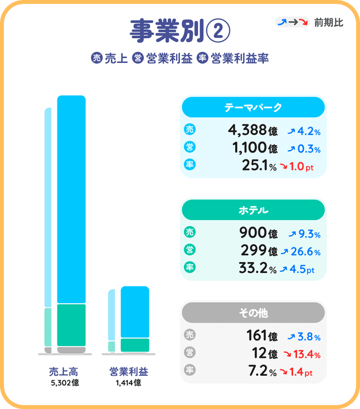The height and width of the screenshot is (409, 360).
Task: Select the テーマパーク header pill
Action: tap(253, 107)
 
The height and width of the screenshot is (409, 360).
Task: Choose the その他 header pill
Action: tap(253, 312)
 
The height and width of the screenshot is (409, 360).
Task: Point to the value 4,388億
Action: tap(253, 131)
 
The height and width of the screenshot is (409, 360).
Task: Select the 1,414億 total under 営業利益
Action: tap(128, 383)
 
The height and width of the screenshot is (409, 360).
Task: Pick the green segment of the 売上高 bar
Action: tap(71, 325)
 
